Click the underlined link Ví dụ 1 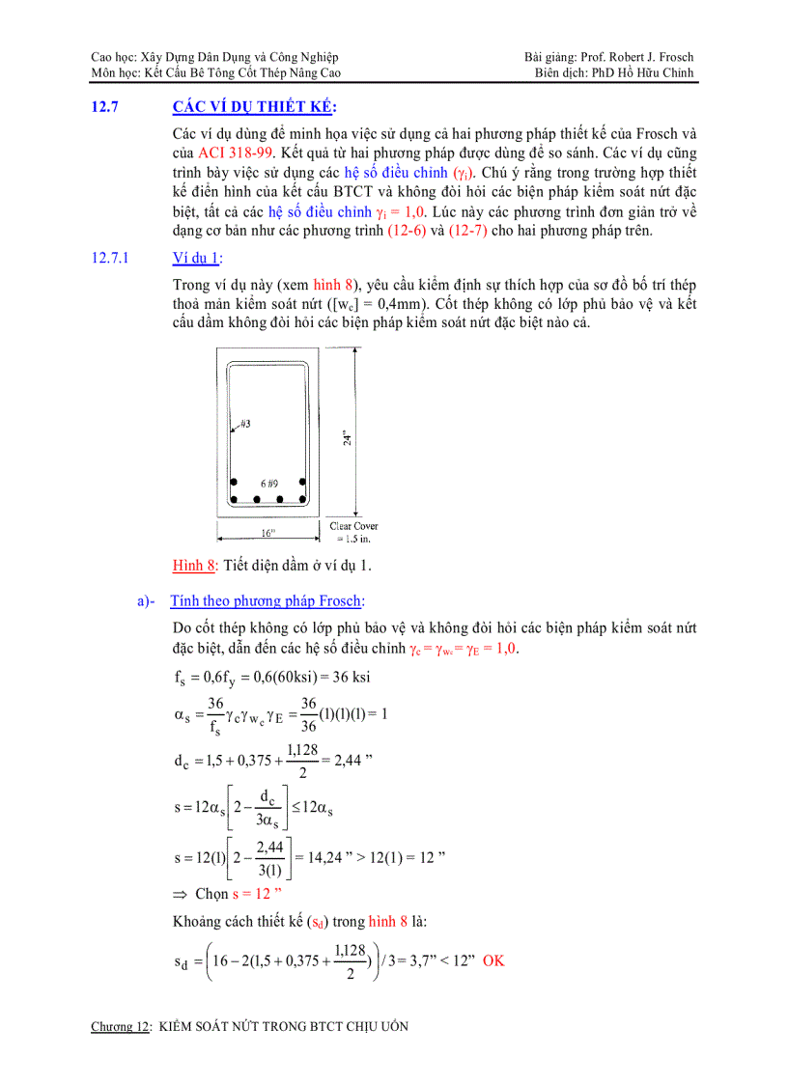pyautogui.click(x=196, y=258)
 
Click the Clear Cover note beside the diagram pyautogui.click(x=354, y=532)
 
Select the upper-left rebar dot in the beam pyautogui.click(x=233, y=482)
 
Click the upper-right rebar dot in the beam pyautogui.click(x=302, y=482)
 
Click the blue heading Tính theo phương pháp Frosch pyautogui.click(x=267, y=601)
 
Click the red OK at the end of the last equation pyautogui.click(x=493, y=960)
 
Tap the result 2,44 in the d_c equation pyautogui.click(x=348, y=761)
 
